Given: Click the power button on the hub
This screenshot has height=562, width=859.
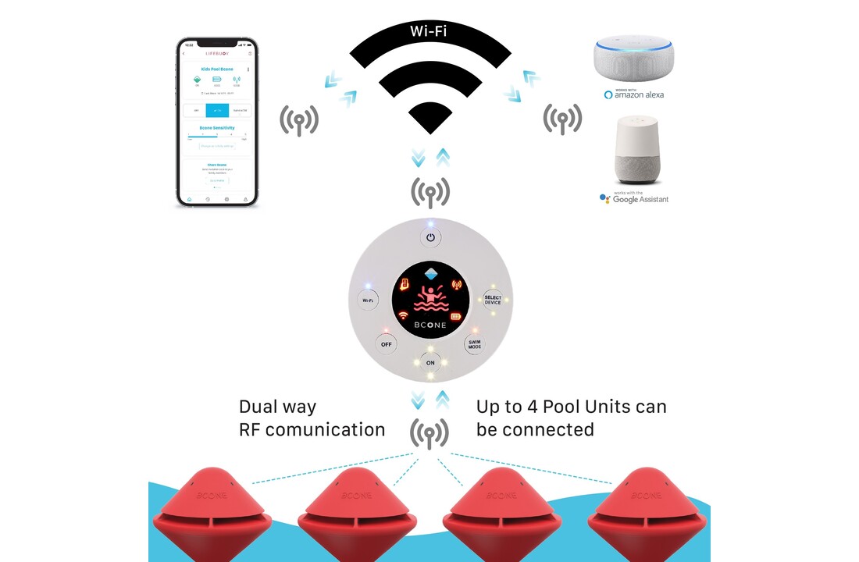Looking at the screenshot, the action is pos(430,237).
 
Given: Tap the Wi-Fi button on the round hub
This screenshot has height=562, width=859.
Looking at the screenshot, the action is pos(365,300).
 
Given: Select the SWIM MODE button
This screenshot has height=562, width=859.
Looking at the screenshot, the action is pos(474,343).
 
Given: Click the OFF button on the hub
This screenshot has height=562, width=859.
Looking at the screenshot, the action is pos(385,343).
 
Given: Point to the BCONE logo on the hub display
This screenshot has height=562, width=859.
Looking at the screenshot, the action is pos(430,325).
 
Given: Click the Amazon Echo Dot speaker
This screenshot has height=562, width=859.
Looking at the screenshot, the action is pos(632,59).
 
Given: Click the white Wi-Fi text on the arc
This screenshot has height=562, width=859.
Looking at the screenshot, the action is pos(429,32).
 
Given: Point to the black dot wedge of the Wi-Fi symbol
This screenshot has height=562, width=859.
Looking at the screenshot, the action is pos(429,118).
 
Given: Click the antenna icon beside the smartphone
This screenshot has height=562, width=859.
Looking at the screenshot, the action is pos(299,119).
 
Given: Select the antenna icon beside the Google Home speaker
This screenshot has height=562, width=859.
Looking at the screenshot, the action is pos(561,119).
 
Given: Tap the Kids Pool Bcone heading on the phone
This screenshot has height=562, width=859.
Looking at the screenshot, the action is pos(217,69).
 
